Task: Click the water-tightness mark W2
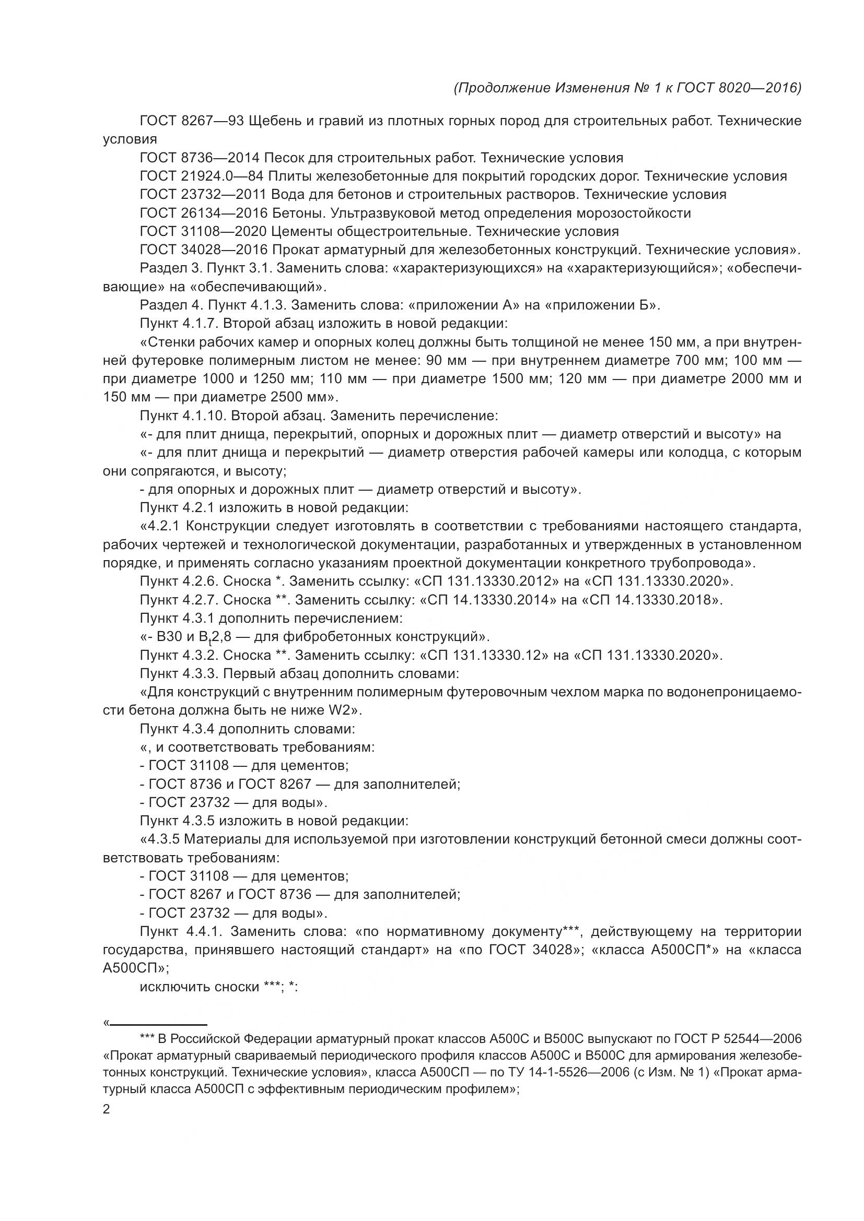343,710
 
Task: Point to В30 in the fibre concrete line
169,636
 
